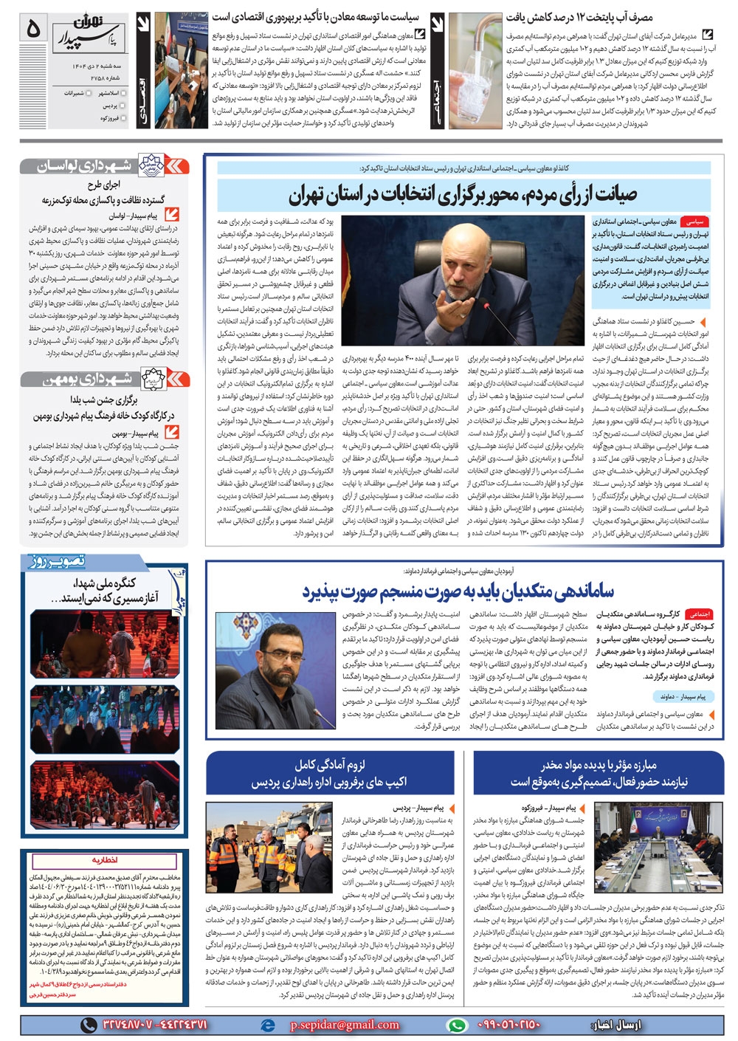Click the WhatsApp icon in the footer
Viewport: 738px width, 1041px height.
[458, 1025]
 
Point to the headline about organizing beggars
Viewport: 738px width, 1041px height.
[458, 591]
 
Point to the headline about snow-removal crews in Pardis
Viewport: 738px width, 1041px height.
[329, 773]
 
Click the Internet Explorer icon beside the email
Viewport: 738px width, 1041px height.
[269, 1025]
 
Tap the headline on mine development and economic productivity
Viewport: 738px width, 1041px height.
[315, 16]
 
